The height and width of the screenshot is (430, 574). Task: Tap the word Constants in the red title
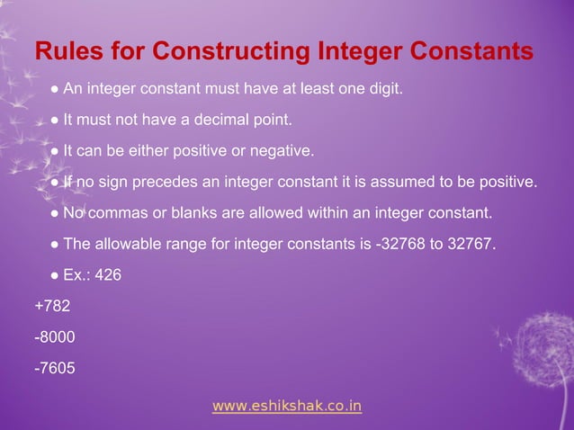click(467, 50)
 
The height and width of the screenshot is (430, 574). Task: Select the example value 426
click(107, 275)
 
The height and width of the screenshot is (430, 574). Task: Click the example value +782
click(52, 306)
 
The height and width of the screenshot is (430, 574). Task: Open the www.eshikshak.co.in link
click(287, 406)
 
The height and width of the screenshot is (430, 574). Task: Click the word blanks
click(192, 213)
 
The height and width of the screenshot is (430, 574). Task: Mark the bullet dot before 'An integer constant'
click(56, 88)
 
